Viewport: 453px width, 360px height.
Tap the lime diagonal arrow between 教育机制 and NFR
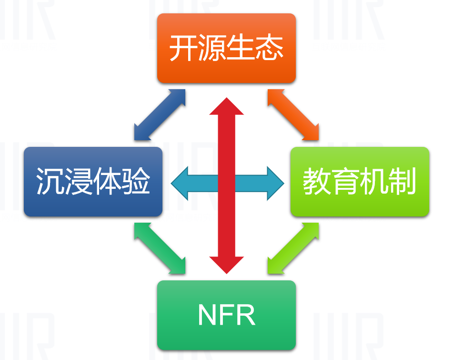coord(293,249)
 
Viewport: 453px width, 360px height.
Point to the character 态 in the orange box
coord(269,48)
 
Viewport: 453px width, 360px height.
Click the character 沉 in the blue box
coord(50,182)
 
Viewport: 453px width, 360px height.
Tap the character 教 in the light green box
coord(317,182)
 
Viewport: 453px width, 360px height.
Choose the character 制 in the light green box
coord(403,182)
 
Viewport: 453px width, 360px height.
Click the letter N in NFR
coord(205,314)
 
